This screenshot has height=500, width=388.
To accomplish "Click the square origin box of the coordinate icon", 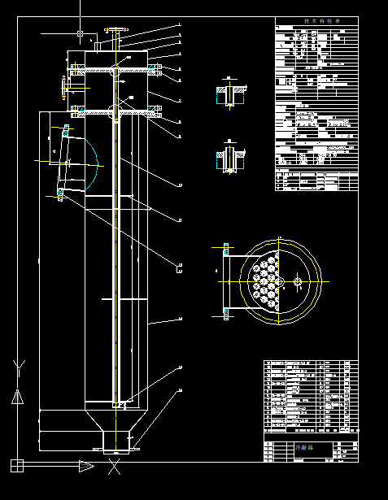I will (16, 465).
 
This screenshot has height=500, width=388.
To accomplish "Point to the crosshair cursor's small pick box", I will (80, 33).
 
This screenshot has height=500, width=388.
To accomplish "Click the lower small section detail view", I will (230, 158).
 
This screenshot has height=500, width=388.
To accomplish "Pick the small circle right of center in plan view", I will (299, 282).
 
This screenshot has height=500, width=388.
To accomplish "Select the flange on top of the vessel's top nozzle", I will (117, 32).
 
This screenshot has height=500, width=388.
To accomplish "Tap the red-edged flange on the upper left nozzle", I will (65, 85).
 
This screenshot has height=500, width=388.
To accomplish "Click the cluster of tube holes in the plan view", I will (266, 282).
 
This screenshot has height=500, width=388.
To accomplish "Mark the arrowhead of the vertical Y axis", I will (16, 398).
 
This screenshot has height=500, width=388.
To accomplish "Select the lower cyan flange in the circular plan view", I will (225, 314).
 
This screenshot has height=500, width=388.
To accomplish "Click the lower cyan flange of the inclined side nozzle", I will (60, 193).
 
